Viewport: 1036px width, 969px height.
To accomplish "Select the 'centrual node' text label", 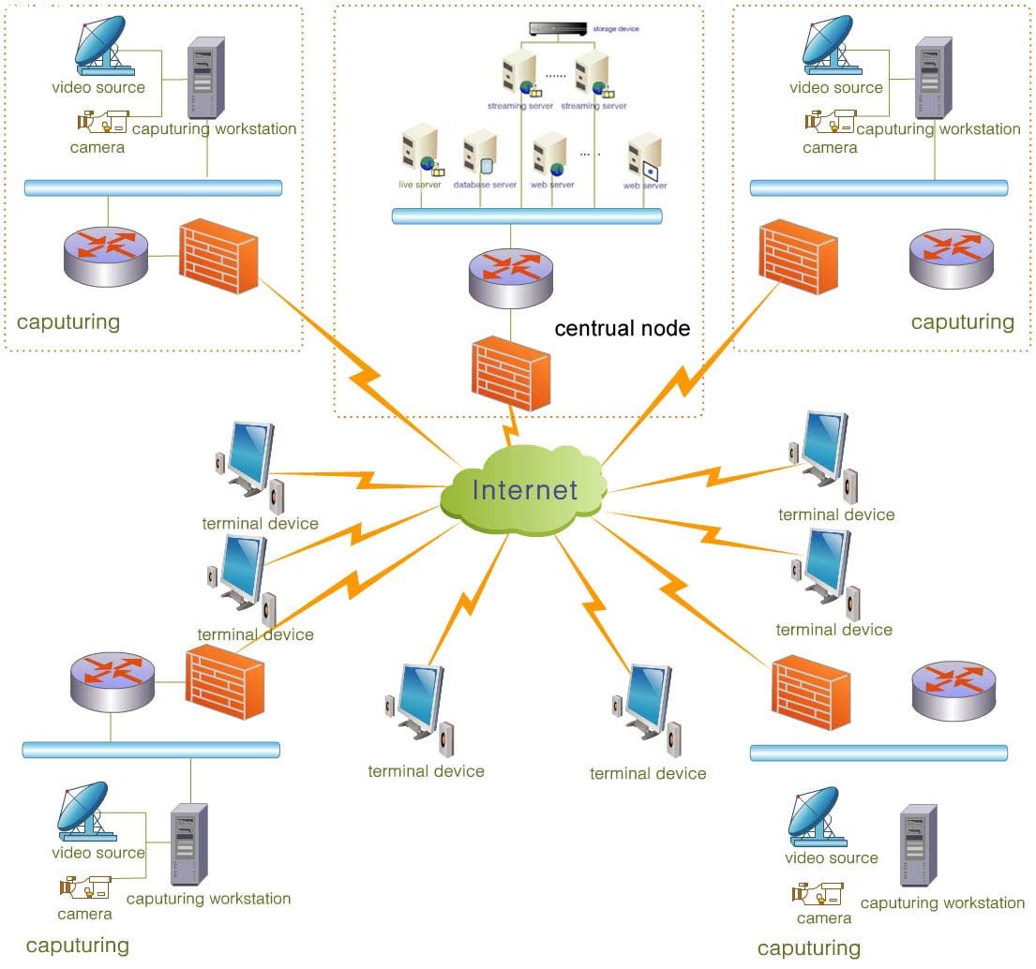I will tap(622, 328).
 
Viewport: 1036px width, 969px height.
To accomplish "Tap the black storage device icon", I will tap(556, 29).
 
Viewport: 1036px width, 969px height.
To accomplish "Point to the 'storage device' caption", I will tap(616, 29).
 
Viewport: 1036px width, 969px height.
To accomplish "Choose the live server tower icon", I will tap(415, 150).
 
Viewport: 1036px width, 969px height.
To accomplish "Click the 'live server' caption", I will tap(419, 185).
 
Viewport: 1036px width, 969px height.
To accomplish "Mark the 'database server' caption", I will tap(485, 185).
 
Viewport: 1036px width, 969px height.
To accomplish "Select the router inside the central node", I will tap(510, 277).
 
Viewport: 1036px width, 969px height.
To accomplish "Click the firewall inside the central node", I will tap(510, 374).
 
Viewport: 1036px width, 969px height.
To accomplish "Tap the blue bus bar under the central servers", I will tap(527, 216).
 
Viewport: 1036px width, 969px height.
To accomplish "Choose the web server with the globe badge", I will tap(549, 156).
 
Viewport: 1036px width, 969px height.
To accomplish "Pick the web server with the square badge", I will tap(646, 157).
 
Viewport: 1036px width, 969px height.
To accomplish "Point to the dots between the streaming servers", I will tap(556, 75).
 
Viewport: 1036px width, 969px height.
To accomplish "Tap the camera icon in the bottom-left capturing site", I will tap(84, 886).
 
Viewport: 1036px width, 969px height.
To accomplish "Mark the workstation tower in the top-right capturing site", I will tap(933, 77).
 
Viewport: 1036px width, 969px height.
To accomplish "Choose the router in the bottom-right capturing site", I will tap(953, 691).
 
